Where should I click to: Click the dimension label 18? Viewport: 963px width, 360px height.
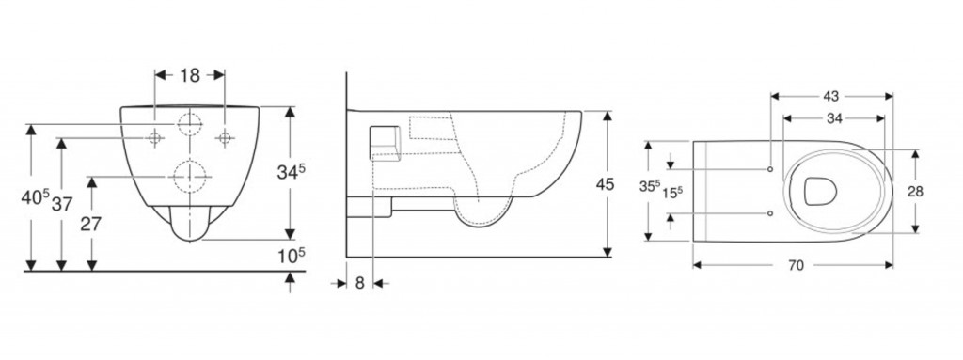pos(190,75)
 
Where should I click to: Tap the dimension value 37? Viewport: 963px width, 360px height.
pos(62,205)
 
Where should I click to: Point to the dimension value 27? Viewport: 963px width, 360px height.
pos(91,224)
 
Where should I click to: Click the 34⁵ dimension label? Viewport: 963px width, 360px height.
pos(291,173)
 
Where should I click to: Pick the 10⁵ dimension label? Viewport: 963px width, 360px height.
pos(291,255)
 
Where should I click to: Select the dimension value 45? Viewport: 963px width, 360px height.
pos(605,184)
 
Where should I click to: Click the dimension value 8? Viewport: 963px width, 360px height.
pos(360,283)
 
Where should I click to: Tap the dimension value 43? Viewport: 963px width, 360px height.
pos(831,97)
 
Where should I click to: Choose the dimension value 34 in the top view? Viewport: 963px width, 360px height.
pos(834,118)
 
